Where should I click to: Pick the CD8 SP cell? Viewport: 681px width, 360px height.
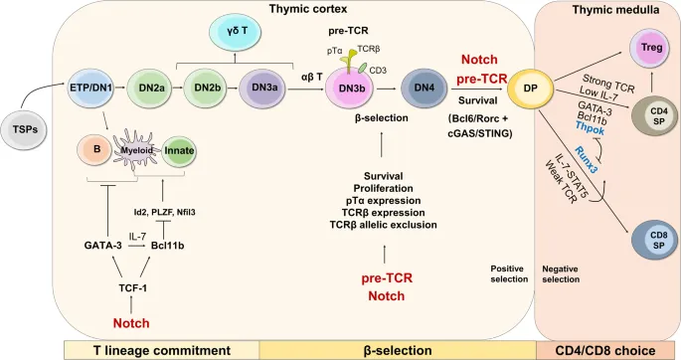pyautogui.click(x=650, y=240)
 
